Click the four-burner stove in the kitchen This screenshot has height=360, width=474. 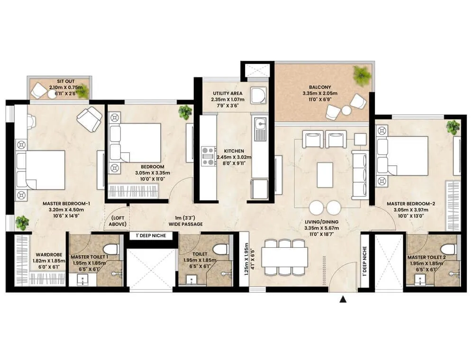[x=209, y=156]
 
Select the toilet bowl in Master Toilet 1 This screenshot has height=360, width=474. [x=111, y=248]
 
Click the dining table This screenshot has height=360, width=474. [x=284, y=257]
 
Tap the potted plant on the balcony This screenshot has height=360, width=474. [x=362, y=75]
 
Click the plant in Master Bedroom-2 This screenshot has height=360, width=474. [x=453, y=127]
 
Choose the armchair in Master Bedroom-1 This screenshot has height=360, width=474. [x=89, y=118]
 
